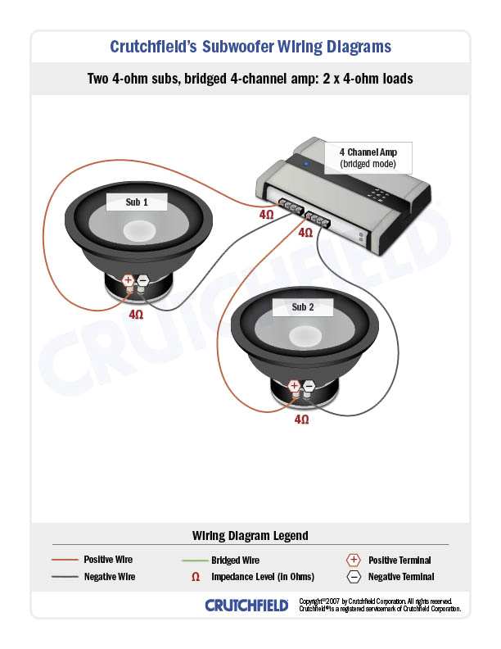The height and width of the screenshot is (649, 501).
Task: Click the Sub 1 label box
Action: pos(137,202)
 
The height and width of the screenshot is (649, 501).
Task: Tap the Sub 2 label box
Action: pos(302,307)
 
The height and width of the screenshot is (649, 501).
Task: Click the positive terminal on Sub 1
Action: pos(128,280)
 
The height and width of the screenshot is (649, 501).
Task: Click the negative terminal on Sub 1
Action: pos(142,280)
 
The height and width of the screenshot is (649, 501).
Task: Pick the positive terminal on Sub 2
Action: pos(294,385)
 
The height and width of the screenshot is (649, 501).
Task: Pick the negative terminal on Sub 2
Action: pos(309,385)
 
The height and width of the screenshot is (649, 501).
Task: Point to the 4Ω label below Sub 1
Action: pos(136,314)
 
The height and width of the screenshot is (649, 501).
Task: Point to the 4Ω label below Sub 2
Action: pos(301,419)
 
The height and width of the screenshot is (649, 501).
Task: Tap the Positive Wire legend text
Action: pos(108,560)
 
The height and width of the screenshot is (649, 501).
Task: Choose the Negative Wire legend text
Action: pos(109,577)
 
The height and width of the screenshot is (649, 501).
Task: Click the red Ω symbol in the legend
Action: pos(195,577)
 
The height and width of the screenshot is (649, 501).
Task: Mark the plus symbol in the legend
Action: pos(353,560)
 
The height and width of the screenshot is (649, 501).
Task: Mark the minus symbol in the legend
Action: pos(353,577)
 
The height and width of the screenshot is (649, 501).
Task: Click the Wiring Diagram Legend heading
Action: pos(250,536)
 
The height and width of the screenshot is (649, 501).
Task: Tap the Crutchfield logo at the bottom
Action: pos(246,606)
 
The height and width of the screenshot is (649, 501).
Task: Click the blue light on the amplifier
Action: pos(307,165)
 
